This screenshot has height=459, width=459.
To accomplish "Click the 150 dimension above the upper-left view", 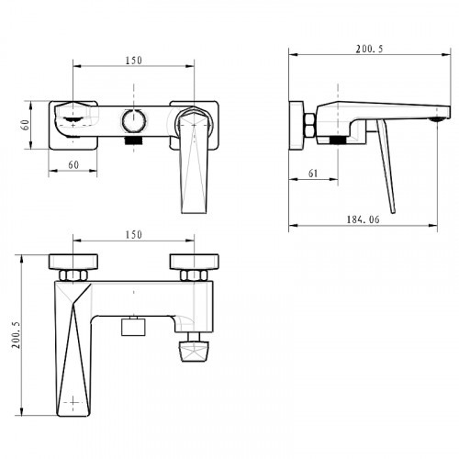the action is click(x=134, y=61).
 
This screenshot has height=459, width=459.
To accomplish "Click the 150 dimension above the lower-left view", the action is click(x=134, y=235).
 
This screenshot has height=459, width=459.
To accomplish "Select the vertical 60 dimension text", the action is click(x=26, y=125).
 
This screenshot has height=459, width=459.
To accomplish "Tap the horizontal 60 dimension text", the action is click(x=73, y=164).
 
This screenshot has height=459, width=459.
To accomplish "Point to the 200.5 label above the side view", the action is click(x=369, y=49).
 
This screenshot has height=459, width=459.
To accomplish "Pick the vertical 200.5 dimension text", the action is click(x=17, y=334).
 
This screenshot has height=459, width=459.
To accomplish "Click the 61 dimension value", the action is click(x=313, y=174).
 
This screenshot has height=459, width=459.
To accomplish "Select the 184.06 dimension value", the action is click(x=363, y=219).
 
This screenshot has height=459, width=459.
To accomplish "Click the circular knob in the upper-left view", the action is click(x=134, y=120).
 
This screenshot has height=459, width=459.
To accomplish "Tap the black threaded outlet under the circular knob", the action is click(x=134, y=140).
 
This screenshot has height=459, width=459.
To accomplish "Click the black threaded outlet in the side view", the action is click(x=337, y=140).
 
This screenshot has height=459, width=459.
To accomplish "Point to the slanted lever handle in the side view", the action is click(x=386, y=166).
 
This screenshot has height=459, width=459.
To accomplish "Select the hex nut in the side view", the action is click(x=309, y=125).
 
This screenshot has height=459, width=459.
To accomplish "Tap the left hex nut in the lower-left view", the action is click(x=73, y=275).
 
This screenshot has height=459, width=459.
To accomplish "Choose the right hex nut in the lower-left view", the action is click(x=194, y=275).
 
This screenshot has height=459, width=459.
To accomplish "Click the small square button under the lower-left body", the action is click(x=133, y=326).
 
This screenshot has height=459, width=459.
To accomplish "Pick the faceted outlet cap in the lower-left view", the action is click(x=194, y=352).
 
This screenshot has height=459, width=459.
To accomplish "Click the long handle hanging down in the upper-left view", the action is click(x=194, y=162).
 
